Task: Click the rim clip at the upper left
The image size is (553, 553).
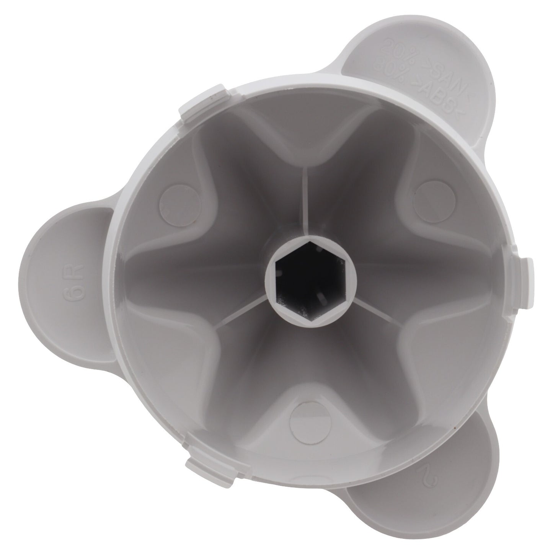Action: (203, 104)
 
